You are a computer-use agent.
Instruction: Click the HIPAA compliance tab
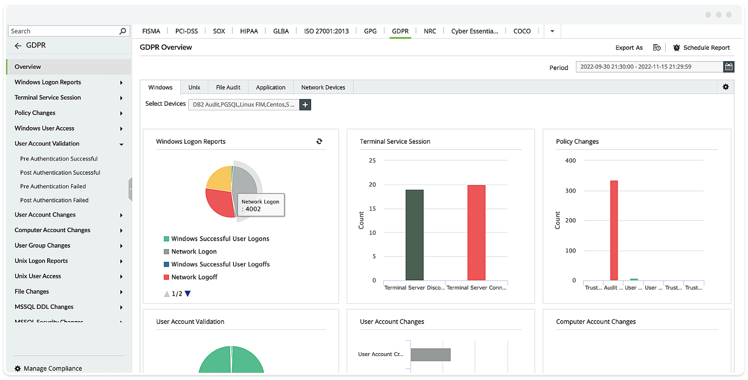point(249,31)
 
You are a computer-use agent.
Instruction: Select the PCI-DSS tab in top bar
point(186,31)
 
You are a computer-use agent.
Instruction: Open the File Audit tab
point(228,87)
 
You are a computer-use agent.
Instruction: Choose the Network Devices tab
point(323,87)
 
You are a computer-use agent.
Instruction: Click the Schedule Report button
point(701,48)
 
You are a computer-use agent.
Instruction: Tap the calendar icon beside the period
point(729,67)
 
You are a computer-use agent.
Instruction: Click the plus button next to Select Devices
point(305,104)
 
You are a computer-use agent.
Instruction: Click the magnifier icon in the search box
point(122,31)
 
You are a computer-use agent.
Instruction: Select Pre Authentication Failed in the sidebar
point(53,186)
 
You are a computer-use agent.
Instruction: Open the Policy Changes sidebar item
point(35,113)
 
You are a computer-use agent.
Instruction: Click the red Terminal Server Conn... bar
point(476,233)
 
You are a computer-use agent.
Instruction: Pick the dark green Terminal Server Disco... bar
point(414,235)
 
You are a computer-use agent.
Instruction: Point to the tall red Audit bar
point(614,230)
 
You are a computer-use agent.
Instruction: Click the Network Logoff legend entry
point(194,277)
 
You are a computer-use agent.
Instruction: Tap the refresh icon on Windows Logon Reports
point(319,142)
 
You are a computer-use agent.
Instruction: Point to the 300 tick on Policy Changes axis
point(570,190)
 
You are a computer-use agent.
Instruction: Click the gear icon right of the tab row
point(726,87)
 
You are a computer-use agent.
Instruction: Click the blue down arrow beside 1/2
point(188,294)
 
